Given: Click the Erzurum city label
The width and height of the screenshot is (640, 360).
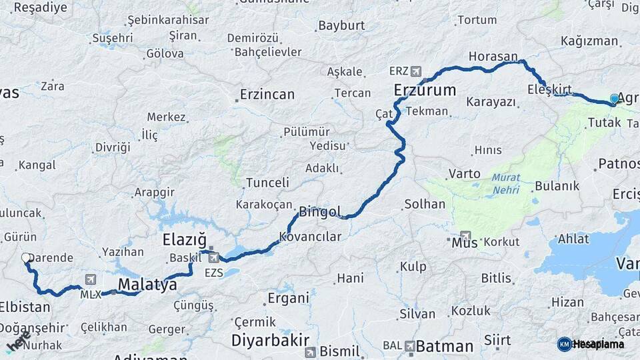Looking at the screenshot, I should (x=425, y=90).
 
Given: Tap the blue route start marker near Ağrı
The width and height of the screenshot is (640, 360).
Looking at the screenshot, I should (x=614, y=99).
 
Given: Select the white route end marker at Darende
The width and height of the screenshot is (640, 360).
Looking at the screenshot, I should (x=26, y=257).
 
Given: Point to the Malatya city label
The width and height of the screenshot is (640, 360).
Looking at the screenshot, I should (x=147, y=285).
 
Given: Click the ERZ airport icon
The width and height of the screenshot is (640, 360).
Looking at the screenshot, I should (x=417, y=71).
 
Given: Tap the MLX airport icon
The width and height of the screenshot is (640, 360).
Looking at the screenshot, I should (x=91, y=280).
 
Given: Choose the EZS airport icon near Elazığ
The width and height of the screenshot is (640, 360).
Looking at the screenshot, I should (x=213, y=257).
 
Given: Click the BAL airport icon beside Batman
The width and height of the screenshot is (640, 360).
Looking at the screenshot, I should (x=409, y=346).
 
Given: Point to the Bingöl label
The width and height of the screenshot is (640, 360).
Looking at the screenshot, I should (x=320, y=212).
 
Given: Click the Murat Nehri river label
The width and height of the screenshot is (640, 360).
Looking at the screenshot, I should (x=506, y=183).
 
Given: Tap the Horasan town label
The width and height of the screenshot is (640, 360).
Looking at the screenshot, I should (x=493, y=57).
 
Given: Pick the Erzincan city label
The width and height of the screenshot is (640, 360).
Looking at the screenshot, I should (x=267, y=94).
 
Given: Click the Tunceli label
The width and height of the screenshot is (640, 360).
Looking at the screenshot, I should (x=267, y=182).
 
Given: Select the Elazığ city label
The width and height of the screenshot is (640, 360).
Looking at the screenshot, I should (x=184, y=239).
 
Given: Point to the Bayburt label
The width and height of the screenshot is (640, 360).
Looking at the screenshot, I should (x=341, y=26).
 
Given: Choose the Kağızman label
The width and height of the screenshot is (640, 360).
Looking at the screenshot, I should (x=589, y=41).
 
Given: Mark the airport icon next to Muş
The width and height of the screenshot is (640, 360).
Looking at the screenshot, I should (x=466, y=237).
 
